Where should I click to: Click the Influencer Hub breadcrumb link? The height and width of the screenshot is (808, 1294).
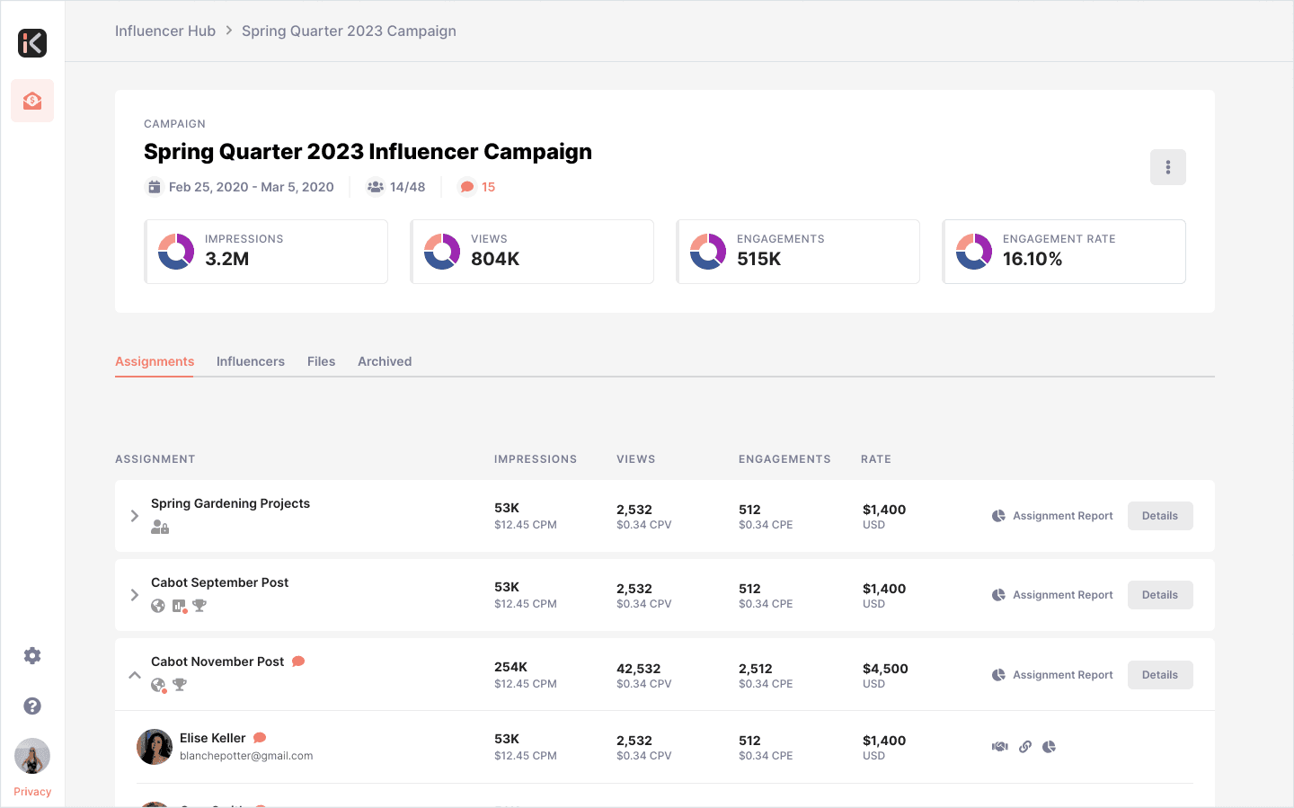click(164, 31)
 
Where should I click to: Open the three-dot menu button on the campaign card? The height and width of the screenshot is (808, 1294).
click(1167, 167)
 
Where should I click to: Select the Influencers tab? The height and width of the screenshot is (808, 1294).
click(250, 361)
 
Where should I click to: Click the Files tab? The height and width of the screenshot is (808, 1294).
click(321, 361)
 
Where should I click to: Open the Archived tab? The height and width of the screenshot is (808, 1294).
click(385, 361)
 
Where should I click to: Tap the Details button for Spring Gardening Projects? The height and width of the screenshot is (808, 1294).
click(1160, 516)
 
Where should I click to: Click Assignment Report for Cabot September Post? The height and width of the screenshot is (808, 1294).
click(1052, 595)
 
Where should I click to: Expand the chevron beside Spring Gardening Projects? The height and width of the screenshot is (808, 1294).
click(135, 516)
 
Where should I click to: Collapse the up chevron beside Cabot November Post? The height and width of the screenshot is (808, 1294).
click(135, 674)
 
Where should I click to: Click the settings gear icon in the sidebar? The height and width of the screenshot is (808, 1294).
click(32, 655)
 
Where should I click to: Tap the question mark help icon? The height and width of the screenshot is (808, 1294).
click(32, 706)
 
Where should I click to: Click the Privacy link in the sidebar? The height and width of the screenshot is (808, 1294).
click(32, 791)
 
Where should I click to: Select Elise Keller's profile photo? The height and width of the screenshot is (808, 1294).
click(155, 747)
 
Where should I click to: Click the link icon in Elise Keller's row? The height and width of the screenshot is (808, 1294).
click(1025, 747)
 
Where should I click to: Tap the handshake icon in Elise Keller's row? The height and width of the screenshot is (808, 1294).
click(999, 747)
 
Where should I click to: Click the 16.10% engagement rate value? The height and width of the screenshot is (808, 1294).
click(1033, 259)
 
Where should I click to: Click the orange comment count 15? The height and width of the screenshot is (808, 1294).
click(488, 187)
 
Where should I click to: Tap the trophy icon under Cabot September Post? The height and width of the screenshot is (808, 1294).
click(199, 606)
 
